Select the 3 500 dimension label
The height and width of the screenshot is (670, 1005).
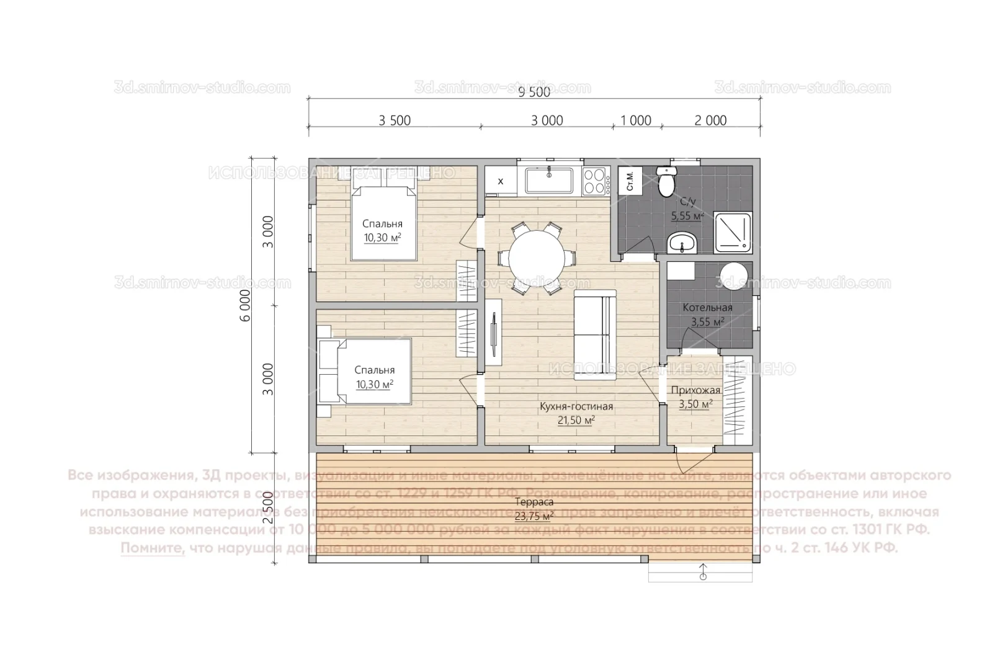[x=395, y=120]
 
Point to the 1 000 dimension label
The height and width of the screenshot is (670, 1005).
[x=636, y=120]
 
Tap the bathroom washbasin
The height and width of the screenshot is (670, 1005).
[x=682, y=243]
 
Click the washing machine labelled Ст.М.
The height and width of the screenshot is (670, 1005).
[x=630, y=181]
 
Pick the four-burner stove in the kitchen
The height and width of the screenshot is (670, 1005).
[x=594, y=181]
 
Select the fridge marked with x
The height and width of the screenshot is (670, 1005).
[x=501, y=181]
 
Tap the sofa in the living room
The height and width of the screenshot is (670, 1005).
[x=594, y=335]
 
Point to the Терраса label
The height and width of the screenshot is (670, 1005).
[x=534, y=502]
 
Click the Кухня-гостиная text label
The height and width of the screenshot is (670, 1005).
[x=576, y=407]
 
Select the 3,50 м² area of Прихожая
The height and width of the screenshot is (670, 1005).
[x=695, y=404]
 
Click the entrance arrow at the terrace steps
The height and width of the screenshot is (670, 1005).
[x=702, y=571]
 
